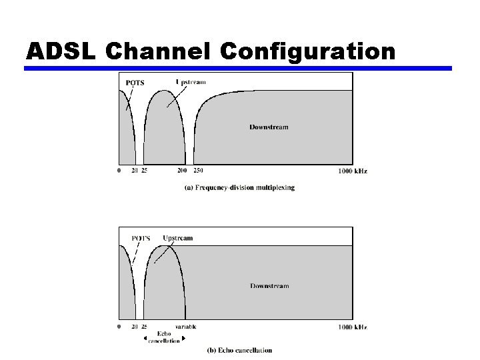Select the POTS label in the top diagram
click(135, 83)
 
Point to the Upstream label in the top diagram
click(191, 82)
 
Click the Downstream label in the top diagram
click(269, 127)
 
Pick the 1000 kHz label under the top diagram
click(353, 171)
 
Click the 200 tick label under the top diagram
click(182, 171)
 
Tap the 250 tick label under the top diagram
click(198, 171)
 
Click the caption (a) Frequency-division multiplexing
click(239, 188)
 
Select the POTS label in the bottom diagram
click(141, 238)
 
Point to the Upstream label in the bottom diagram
click(178, 238)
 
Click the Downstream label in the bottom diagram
click(269, 286)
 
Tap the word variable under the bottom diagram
click(185, 327)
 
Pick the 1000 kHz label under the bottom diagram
click(353, 327)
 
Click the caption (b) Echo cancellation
click(239, 350)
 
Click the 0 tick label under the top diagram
click(119, 171)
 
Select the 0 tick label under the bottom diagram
click(119, 327)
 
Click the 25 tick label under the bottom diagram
click(144, 327)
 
